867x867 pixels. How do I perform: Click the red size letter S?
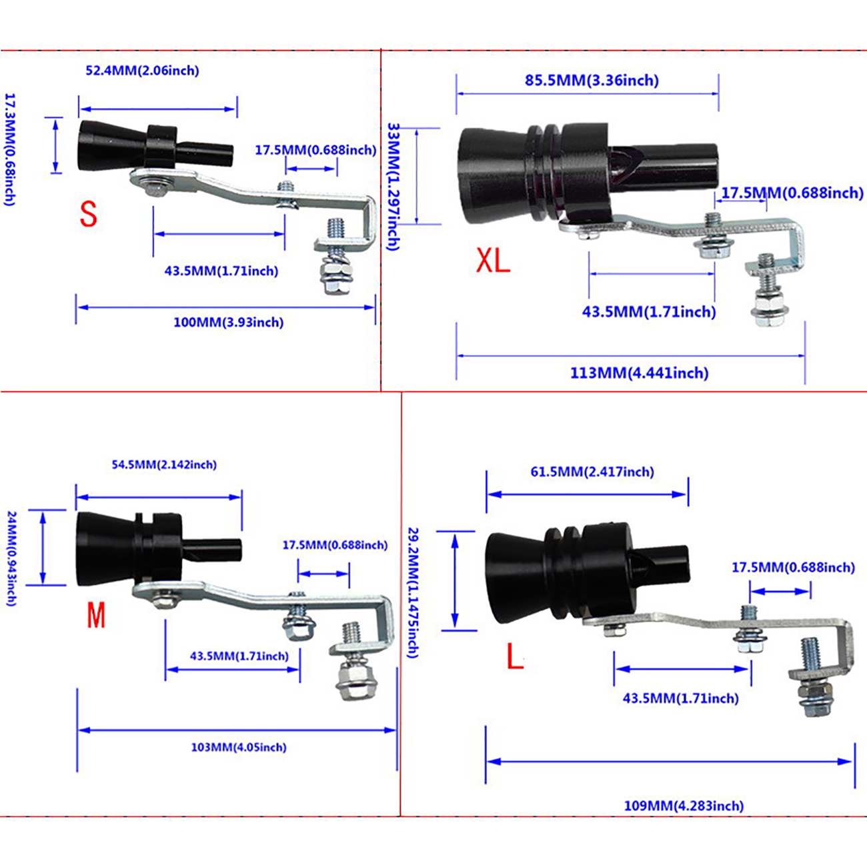[88, 214]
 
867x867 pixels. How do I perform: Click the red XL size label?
[493, 260]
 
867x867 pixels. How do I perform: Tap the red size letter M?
[96, 615]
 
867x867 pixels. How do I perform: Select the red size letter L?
[514, 657]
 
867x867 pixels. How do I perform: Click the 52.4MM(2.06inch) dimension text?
[142, 71]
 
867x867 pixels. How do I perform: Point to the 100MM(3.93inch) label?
[228, 323]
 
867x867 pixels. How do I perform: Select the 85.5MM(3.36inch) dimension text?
[592, 81]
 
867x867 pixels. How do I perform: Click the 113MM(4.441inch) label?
[639, 373]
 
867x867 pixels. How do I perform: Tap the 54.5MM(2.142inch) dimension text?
[164, 465]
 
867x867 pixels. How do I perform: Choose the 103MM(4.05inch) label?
[239, 748]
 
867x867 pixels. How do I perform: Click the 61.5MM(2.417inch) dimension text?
[592, 472]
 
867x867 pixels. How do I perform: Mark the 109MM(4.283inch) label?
[684, 806]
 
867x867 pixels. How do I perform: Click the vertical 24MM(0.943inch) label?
[11, 558]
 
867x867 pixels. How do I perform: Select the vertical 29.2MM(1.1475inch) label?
[413, 592]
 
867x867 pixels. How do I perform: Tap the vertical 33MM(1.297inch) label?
[394, 186]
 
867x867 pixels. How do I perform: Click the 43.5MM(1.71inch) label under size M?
[239, 656]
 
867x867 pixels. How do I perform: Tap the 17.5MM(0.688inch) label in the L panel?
[793, 568]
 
